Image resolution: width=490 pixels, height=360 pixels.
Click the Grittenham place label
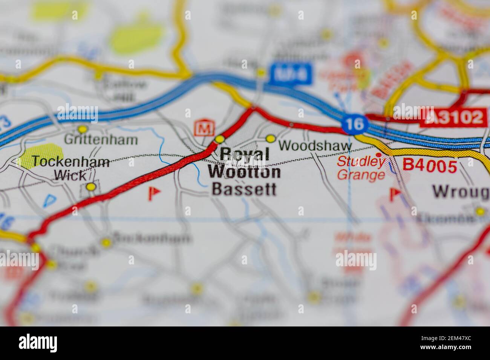(101, 140)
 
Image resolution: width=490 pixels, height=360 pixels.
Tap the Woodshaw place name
(315, 146)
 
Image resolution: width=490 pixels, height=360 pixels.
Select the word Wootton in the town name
(244, 172)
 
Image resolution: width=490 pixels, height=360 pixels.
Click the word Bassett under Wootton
(244, 189)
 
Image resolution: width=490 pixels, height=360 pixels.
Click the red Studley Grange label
(361, 168)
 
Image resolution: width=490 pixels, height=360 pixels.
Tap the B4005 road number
(430, 165)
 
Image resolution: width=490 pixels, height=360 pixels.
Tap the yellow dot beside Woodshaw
(270, 139)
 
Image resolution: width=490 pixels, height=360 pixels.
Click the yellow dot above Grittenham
(82, 129)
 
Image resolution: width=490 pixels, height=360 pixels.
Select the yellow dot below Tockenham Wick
(90, 186)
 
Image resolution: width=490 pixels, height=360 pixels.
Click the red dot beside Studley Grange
(378, 155)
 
